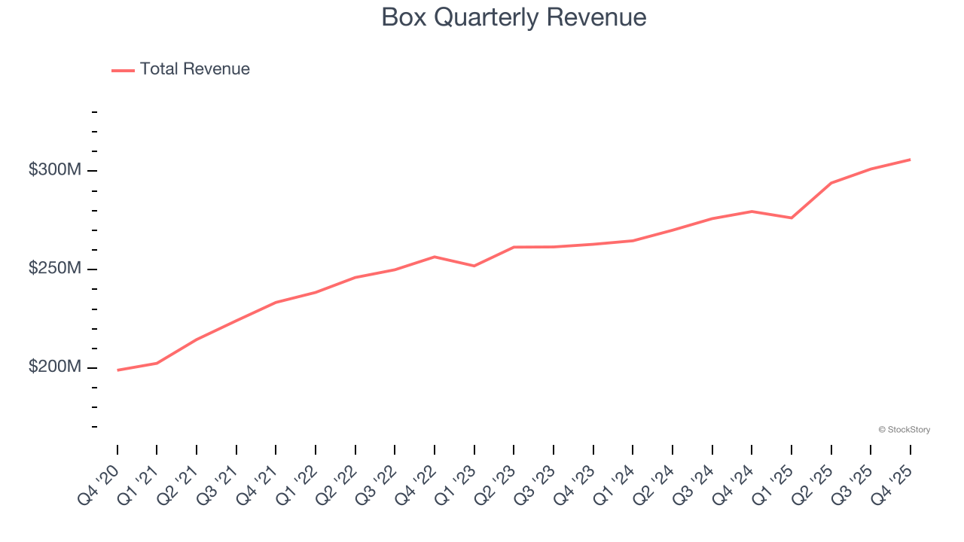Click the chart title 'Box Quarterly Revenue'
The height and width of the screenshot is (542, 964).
(514, 17)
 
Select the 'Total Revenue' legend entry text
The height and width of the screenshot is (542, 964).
(194, 69)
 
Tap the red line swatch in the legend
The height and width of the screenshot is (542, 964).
(123, 70)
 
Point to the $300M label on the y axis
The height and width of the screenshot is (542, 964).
(54, 170)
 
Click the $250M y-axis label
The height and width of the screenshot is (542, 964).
(54, 269)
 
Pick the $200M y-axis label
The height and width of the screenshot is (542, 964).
(54, 367)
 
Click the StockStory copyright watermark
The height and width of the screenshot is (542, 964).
(904, 430)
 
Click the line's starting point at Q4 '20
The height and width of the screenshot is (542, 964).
(117, 370)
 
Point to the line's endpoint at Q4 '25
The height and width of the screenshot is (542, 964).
(910, 160)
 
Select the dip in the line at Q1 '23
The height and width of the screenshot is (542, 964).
(474, 266)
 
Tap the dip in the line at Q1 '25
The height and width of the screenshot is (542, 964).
(791, 218)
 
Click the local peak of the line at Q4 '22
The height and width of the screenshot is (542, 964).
(435, 257)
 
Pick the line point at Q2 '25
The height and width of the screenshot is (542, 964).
(831, 183)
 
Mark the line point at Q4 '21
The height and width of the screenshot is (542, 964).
(276, 303)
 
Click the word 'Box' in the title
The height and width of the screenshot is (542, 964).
(401, 17)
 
